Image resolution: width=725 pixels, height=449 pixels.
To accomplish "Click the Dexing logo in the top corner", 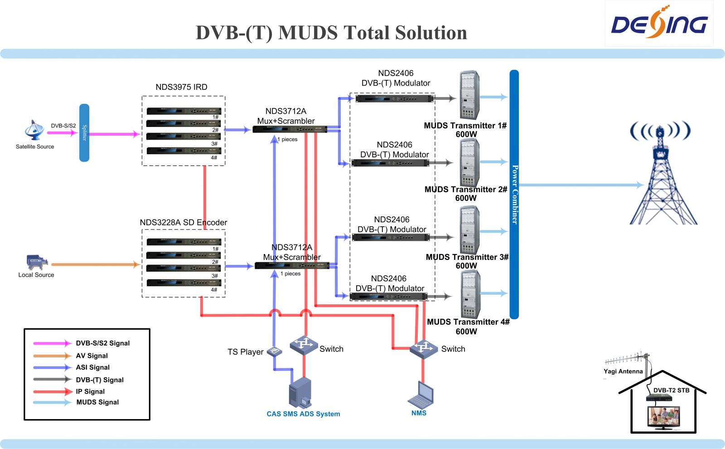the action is coord(659,22).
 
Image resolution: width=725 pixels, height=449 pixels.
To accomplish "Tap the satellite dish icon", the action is coord(34,131).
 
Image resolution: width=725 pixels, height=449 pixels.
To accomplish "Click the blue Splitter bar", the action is coord(84,132).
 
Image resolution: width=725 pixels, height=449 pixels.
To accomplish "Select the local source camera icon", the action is coord(37,262).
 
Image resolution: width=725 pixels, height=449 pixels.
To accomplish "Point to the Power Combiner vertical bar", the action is coord(514,195).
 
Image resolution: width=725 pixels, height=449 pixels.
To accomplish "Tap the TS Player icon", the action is coord(275,351).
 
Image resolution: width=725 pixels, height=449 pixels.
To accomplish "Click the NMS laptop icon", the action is coord(420,394).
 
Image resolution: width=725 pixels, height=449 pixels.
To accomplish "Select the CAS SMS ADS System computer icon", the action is coord(300,393).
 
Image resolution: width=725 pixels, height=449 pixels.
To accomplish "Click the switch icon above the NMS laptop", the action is coord(424,349).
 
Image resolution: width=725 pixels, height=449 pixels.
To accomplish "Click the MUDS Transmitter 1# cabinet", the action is coord(469,95).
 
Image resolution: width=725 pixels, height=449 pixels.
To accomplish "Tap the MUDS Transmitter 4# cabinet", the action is coord(470,295).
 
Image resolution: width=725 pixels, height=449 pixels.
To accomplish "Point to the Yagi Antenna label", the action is coord(623,371).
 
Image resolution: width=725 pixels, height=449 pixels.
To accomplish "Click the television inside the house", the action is coord(663,418).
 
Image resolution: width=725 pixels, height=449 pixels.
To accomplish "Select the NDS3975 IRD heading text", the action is coord(181,87).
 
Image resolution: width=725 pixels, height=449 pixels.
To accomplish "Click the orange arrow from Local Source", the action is coord(96,264).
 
